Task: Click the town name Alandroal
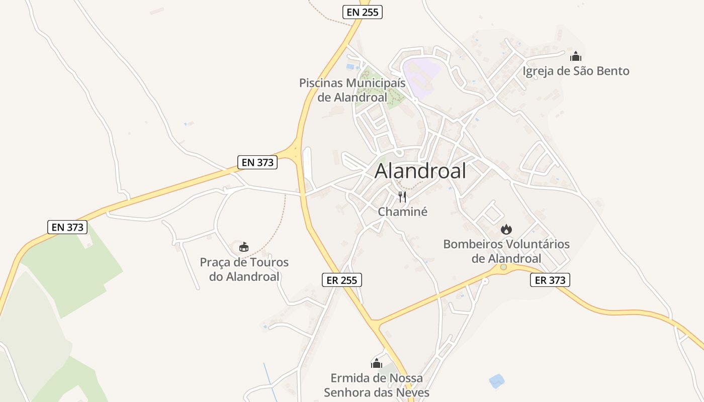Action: pyautogui.click(x=420, y=171)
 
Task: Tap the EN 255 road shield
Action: pyautogui.click(x=363, y=12)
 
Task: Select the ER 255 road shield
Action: pyautogui.click(x=342, y=280)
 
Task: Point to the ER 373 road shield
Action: pyautogui.click(x=550, y=280)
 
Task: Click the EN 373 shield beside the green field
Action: pyautogui.click(x=68, y=227)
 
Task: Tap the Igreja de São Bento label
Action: pyautogui.click(x=576, y=71)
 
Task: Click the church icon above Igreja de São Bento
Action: pyautogui.click(x=576, y=56)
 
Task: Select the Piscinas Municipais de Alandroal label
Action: pyautogui.click(x=352, y=90)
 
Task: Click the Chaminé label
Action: pyautogui.click(x=402, y=212)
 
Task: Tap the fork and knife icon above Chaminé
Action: pyautogui.click(x=402, y=196)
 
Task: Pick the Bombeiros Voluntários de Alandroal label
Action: pyautogui.click(x=506, y=251)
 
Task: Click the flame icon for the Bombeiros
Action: pyautogui.click(x=506, y=230)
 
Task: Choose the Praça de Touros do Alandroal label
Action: pyautogui.click(x=244, y=269)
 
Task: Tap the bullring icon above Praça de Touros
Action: pyautogui.click(x=244, y=247)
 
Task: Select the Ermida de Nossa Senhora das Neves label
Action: pyautogui.click(x=377, y=385)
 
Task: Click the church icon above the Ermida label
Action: pyautogui.click(x=377, y=363)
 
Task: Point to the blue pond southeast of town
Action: pyautogui.click(x=496, y=381)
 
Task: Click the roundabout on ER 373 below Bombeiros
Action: pyautogui.click(x=503, y=267)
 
